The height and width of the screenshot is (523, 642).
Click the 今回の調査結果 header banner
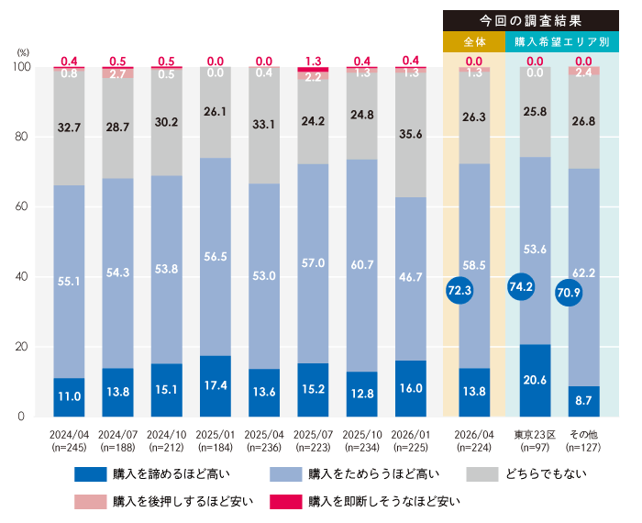click(531, 20)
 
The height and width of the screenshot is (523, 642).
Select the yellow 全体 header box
click(473, 41)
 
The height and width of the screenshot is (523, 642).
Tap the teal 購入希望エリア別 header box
click(562, 41)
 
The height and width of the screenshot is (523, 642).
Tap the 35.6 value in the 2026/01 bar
click(411, 134)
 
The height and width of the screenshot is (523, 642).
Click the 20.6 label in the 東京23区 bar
click(535, 378)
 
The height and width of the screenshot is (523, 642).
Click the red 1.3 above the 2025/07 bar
click(313, 61)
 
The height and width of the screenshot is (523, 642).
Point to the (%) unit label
click(23, 53)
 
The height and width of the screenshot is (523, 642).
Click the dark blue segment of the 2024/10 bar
click(166, 390)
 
